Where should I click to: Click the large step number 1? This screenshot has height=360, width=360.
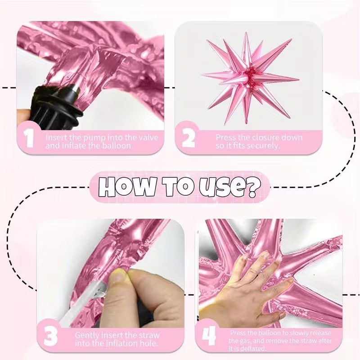[x=29, y=139]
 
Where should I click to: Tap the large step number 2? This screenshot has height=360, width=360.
[x=188, y=139]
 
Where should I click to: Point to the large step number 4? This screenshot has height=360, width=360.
[x=209, y=336]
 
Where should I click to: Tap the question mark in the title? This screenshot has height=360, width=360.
[x=254, y=188]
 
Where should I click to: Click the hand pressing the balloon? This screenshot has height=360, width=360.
[x=243, y=289]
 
